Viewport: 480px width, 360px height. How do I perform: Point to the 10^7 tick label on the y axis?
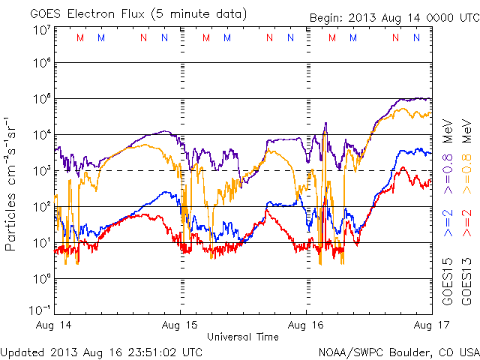click(x=42, y=30)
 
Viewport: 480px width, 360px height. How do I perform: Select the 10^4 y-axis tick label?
click(x=42, y=135)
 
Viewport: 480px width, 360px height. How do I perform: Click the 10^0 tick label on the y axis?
click(x=42, y=279)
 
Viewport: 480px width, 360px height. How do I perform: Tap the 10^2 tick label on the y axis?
click(x=42, y=207)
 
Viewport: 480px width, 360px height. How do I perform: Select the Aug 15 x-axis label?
click(x=181, y=326)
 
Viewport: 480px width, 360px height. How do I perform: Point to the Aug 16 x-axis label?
click(x=306, y=326)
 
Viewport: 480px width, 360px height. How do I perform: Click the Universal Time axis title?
click(x=243, y=337)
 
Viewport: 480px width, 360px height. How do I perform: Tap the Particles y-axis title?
click(x=12, y=184)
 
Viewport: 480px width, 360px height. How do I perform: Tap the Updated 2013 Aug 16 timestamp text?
click(x=101, y=351)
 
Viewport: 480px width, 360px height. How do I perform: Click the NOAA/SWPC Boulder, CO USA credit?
click(x=397, y=351)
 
